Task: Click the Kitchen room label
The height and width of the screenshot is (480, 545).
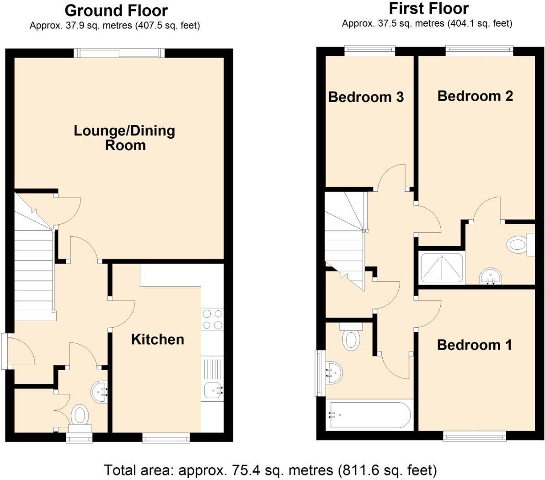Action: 157,339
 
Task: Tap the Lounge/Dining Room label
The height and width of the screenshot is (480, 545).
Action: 124,138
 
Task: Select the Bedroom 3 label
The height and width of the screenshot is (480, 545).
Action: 366,97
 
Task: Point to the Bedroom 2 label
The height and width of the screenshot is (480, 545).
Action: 475,96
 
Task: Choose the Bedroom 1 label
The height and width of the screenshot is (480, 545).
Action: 474,345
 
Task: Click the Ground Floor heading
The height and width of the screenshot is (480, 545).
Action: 116,10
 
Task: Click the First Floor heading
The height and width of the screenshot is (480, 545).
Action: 428,8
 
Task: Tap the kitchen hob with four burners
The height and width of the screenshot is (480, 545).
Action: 212,319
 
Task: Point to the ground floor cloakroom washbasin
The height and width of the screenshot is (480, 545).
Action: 100,392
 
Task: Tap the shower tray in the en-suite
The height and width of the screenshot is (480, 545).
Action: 442,267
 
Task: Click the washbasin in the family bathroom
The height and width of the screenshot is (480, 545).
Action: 333,372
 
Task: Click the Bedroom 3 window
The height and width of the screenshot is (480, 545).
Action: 369,50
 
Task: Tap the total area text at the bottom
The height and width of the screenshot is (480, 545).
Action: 270,470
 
